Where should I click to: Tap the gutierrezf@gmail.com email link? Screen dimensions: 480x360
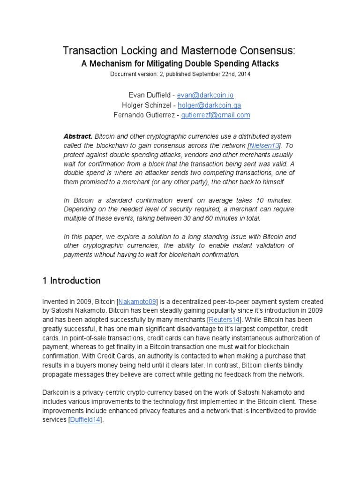[x=216, y=115]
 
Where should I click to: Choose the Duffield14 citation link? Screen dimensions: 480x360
[x=84, y=420]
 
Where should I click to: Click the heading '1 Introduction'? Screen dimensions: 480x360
[x=72, y=281]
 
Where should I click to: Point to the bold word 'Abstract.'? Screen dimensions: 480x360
[x=78, y=136]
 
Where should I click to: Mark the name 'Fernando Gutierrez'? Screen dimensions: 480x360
[x=143, y=115]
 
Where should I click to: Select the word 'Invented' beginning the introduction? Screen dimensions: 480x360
[x=56, y=301]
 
